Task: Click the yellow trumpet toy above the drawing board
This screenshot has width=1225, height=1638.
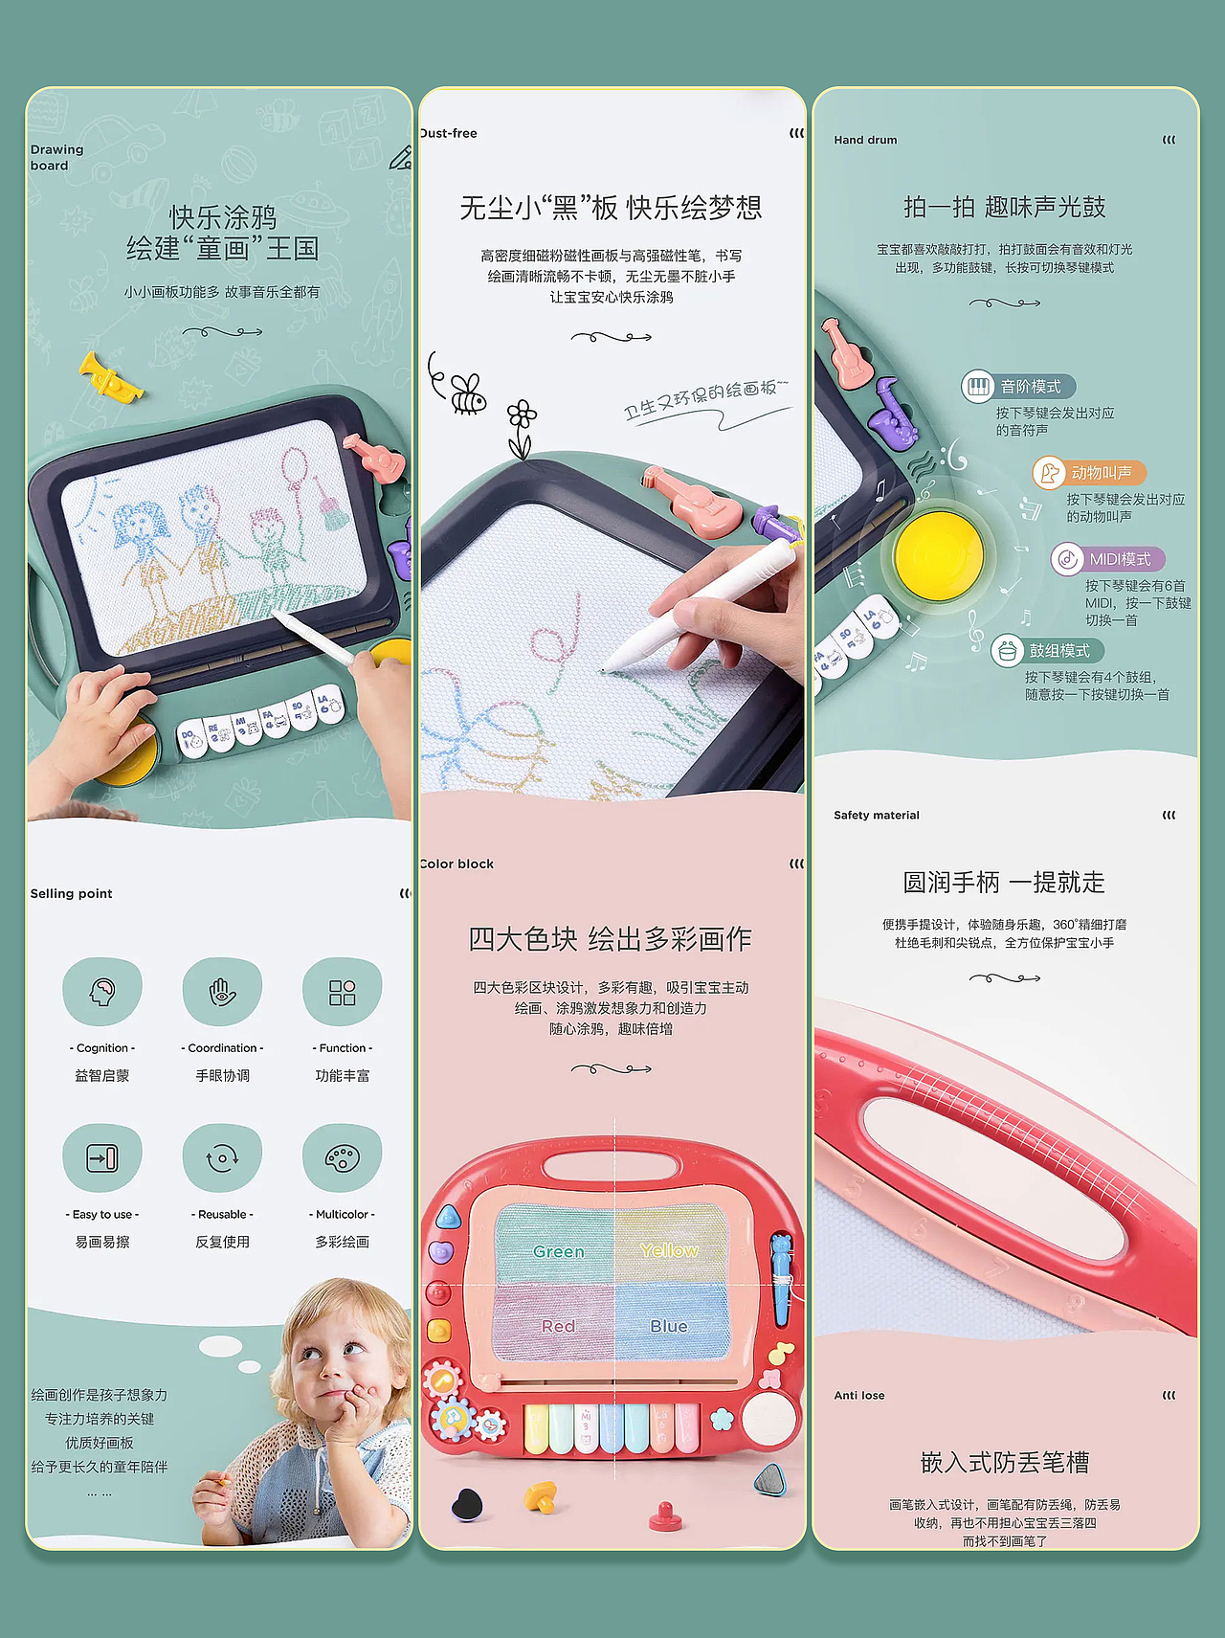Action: point(111,376)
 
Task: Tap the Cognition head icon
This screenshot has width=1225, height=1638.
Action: point(102,992)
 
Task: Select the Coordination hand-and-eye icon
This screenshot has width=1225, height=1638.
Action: point(222,992)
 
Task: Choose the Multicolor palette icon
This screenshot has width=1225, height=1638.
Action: point(342,1158)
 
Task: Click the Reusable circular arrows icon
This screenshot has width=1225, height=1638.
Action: point(222,1158)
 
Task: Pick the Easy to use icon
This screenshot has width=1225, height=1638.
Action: point(102,1158)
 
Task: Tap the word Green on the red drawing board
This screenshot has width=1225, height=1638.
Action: point(559,1251)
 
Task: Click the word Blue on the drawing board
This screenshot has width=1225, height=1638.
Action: point(669,1326)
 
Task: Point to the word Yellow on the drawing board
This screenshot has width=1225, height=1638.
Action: point(669,1250)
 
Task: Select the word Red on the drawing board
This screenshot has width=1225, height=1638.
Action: point(558,1326)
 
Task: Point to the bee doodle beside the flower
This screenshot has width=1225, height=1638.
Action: point(468,393)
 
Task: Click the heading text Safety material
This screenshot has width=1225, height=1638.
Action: point(876,816)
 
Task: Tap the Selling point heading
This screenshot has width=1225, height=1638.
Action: point(72,893)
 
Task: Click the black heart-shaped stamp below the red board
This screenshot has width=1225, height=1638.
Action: point(468,1504)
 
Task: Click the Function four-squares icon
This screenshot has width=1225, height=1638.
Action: point(342,992)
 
